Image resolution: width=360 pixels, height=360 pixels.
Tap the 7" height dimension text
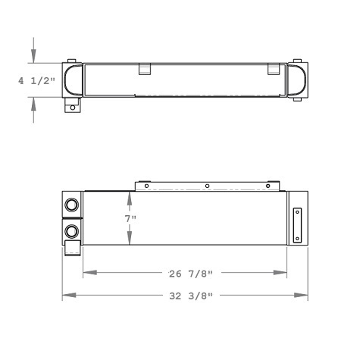(x=130, y=219)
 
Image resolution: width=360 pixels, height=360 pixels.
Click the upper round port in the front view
(x=72, y=205)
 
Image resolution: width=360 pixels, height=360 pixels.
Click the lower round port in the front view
(x=72, y=230)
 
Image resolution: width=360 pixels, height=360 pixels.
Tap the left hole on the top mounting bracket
(x=146, y=186)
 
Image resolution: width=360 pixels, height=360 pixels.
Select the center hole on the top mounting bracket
(x=207, y=186)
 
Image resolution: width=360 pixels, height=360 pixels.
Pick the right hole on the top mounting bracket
(x=268, y=186)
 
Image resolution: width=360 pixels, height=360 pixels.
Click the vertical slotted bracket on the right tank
(x=298, y=225)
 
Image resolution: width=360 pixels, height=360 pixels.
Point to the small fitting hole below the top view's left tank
(x=73, y=108)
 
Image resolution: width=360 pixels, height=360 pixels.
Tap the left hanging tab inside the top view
(x=144, y=69)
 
